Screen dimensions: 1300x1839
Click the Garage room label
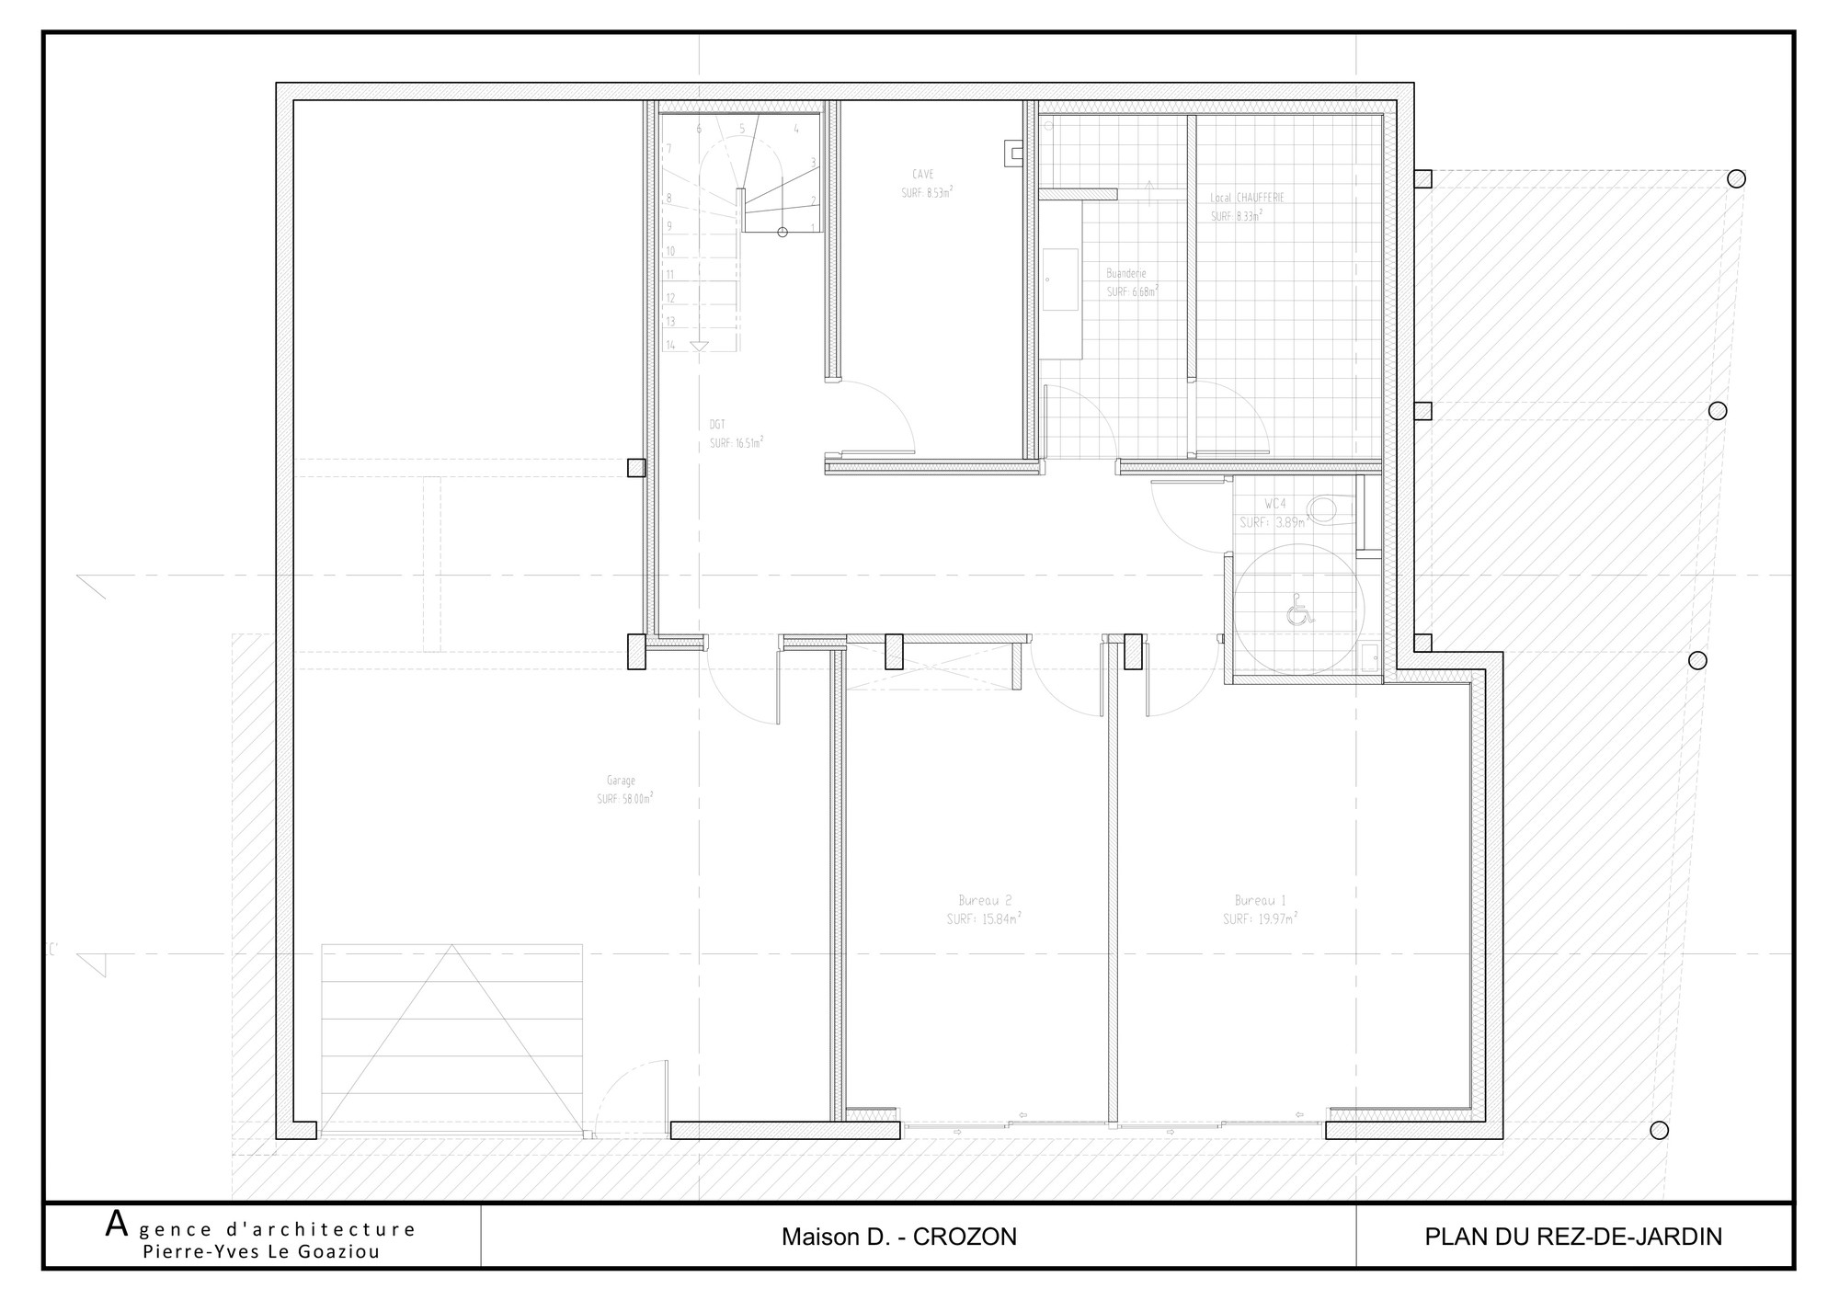tap(622, 781)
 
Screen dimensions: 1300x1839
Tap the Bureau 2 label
tap(985, 901)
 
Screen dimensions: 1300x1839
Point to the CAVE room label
tap(923, 175)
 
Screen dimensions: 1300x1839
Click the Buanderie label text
tap(1126, 274)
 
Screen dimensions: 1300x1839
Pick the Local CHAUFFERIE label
tap(1248, 198)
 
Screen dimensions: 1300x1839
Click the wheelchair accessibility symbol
tap(1297, 610)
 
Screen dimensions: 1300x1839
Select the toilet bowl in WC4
tap(1329, 507)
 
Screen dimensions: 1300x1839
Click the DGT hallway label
tap(717, 425)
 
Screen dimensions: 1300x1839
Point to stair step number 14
tap(671, 346)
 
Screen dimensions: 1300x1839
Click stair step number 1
tap(813, 227)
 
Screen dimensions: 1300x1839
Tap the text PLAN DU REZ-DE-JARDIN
tap(1573, 1237)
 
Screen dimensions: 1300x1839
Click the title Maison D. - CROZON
tap(898, 1237)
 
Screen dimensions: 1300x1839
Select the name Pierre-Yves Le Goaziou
tap(261, 1252)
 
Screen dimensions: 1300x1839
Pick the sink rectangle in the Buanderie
tap(1060, 279)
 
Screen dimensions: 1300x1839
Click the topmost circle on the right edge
tap(1736, 179)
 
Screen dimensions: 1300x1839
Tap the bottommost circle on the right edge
tap(1659, 1131)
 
